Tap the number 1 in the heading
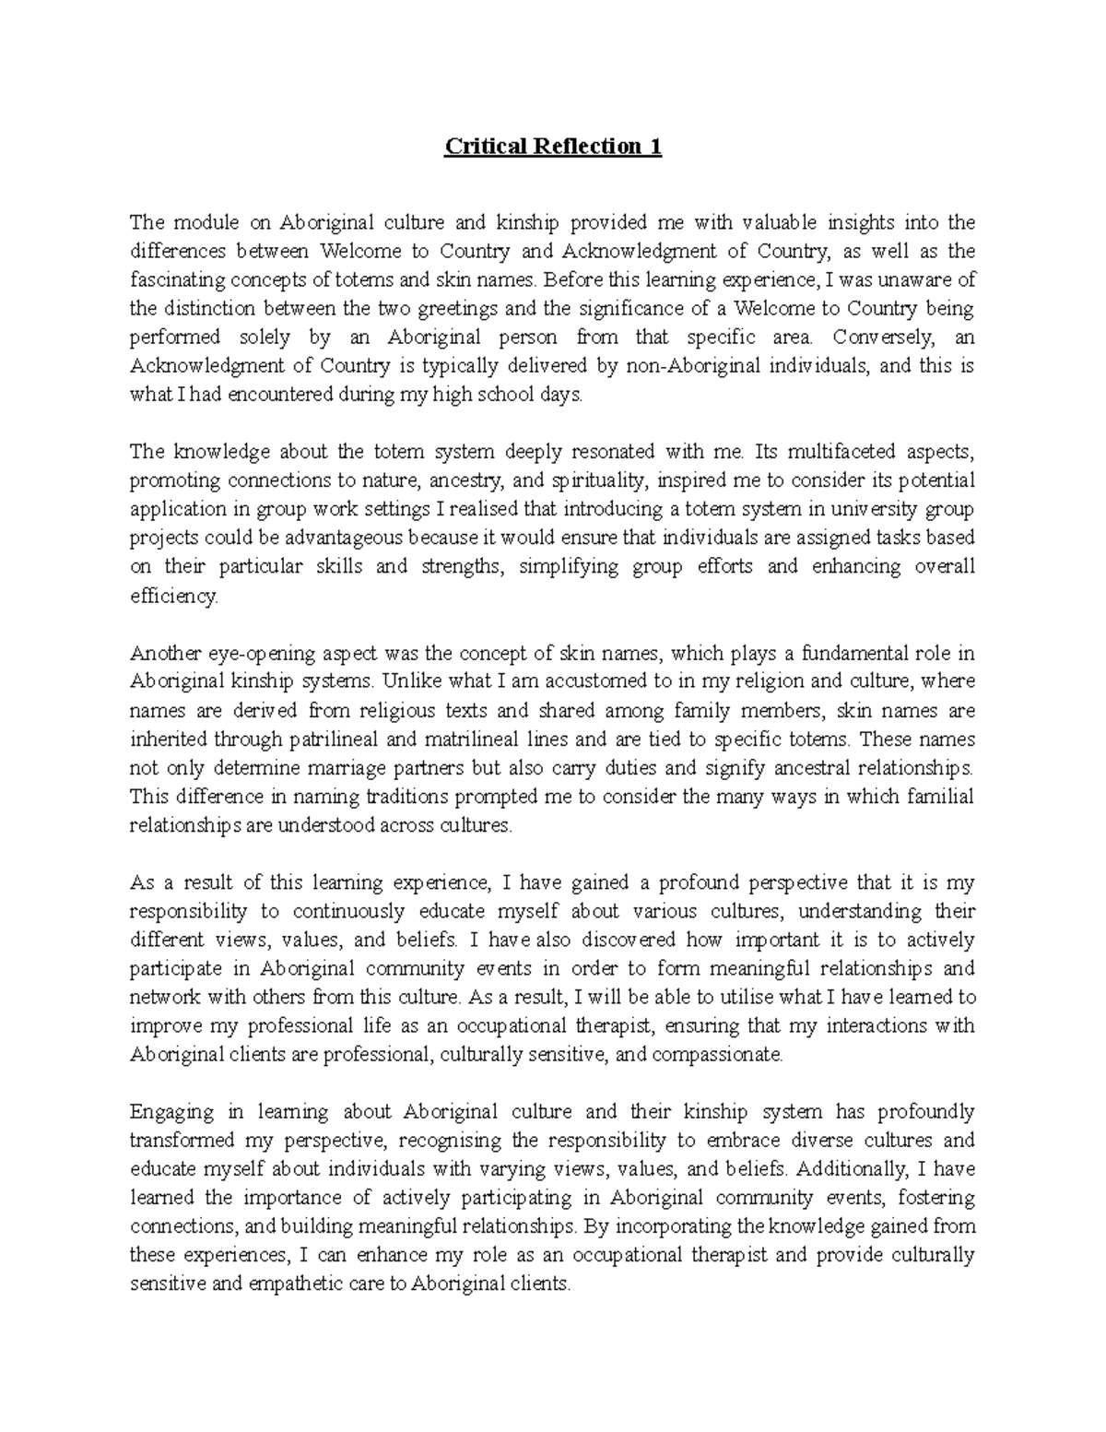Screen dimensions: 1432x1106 [656, 147]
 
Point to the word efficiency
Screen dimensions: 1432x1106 [173, 596]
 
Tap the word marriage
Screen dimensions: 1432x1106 [388, 768]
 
